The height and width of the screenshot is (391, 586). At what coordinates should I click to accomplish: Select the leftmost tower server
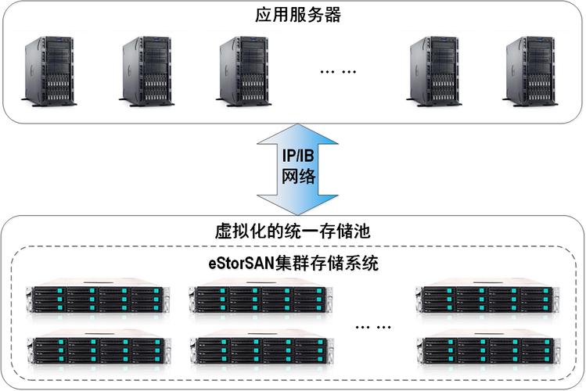[x=49, y=68]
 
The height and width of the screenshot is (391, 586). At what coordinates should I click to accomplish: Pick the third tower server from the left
[x=243, y=68]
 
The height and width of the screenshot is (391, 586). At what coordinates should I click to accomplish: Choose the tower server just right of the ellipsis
[x=436, y=68]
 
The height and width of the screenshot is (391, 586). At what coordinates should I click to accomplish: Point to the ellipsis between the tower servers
[x=338, y=71]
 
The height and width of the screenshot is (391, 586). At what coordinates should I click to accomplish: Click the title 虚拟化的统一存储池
[x=292, y=231]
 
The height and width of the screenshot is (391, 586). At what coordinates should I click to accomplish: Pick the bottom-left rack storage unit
[x=95, y=351]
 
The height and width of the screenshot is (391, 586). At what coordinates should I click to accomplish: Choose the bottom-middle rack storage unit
[x=257, y=351]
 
